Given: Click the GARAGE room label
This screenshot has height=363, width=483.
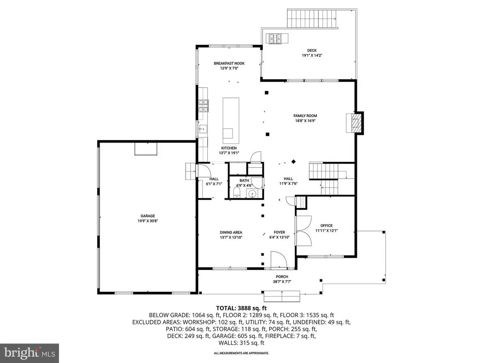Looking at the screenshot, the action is point(148,216).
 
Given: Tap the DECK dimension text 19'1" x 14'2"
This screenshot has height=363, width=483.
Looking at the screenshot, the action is point(312,55).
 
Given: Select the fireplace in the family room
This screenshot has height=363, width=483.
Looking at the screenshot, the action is point(354,123).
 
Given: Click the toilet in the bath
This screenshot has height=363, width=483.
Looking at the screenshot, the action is point(237,192).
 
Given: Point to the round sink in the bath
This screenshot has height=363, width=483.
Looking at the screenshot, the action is point(252,194).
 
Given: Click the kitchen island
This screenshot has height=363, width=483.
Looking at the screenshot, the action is point(231,121).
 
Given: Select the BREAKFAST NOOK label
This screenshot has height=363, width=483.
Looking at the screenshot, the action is point(229,64).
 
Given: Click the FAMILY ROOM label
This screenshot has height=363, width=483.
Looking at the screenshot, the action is point(305,116).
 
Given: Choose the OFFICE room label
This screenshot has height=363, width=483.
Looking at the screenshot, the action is point(326,226).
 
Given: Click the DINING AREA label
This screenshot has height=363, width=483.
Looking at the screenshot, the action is point(231,232).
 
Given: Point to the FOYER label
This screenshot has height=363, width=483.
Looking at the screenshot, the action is point(279,232).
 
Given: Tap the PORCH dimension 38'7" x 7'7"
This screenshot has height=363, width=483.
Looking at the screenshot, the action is point(282,281).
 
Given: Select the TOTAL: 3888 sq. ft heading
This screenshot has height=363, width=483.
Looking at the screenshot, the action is point(241,308).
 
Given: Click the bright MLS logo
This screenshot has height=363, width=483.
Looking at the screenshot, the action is point(29,353).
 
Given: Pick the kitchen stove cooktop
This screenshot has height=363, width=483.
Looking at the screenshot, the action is point(203,106).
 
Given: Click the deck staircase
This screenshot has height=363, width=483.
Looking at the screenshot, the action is point(312,19).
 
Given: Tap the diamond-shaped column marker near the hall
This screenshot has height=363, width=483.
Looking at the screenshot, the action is point(293,161).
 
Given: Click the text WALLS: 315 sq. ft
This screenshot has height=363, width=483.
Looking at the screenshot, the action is point(241,343).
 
